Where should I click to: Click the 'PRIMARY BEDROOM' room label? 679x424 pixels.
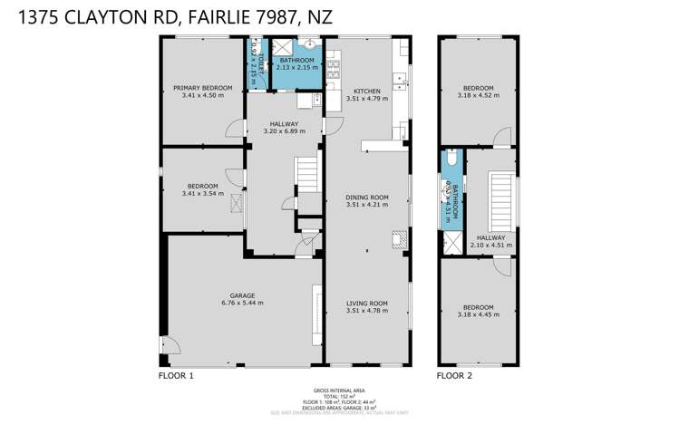click(202, 88)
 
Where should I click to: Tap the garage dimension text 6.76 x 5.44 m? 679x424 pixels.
click(241, 303)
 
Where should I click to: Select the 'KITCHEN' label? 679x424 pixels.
click(366, 92)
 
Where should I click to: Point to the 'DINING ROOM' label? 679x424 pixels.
click(366, 197)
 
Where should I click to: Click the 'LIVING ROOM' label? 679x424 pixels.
click(366, 303)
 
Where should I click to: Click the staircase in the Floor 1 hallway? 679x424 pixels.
click(309, 173)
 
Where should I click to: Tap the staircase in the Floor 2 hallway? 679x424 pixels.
click(500, 201)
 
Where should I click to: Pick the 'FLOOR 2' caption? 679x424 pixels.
click(454, 374)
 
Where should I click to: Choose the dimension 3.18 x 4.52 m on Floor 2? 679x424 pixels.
click(477, 95)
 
